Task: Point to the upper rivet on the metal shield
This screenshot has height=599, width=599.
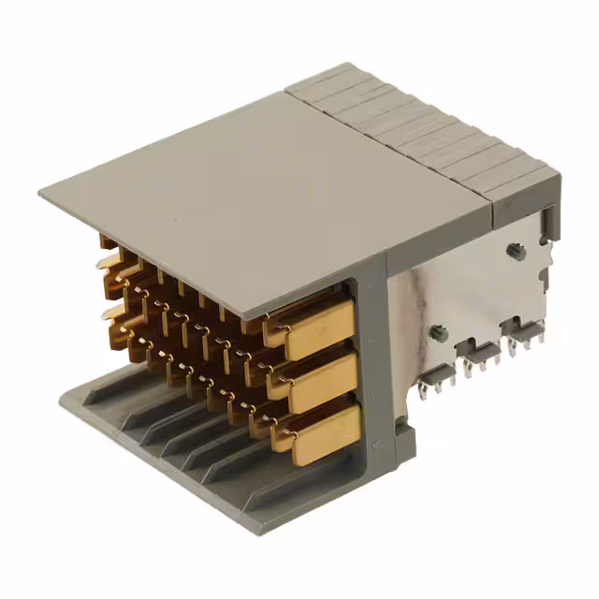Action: coord(514,250)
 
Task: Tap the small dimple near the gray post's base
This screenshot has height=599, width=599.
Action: coord(377,443)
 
